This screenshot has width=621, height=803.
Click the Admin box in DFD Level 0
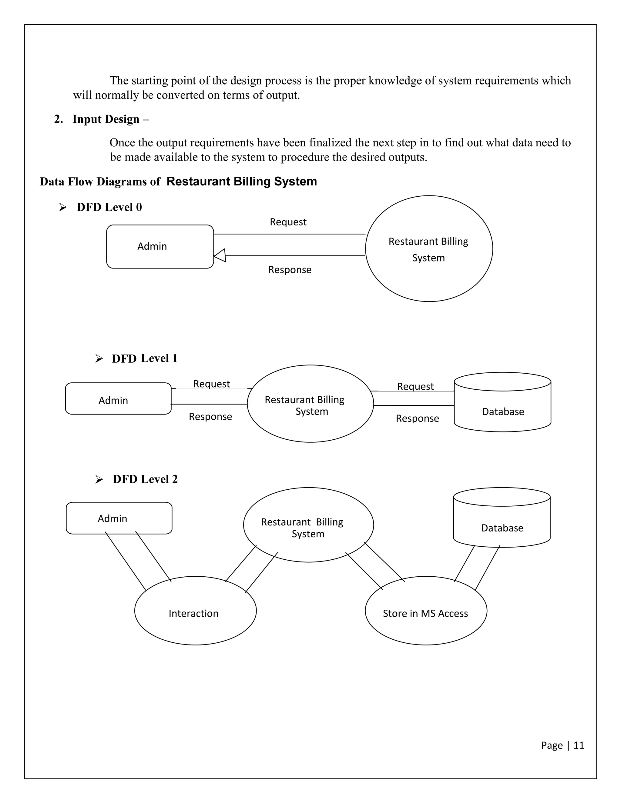[160, 246]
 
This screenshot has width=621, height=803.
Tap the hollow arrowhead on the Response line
[220, 255]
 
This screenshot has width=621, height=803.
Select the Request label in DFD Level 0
[288, 222]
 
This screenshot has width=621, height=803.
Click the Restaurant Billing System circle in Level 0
[428, 248]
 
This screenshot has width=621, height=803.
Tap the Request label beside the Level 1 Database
[415, 386]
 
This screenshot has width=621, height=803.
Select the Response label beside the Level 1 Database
[417, 418]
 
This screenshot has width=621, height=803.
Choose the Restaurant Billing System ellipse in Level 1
[310, 404]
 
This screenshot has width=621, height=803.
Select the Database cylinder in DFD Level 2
[502, 518]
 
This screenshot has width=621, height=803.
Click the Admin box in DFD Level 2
[119, 518]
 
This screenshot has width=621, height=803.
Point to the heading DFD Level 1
[145, 358]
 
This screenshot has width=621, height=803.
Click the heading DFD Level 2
[145, 479]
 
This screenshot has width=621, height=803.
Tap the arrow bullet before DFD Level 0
[62, 208]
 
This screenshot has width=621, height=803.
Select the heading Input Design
[106, 119]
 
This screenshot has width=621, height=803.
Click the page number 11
[579, 745]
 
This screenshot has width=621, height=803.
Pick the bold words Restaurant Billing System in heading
[242, 181]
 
